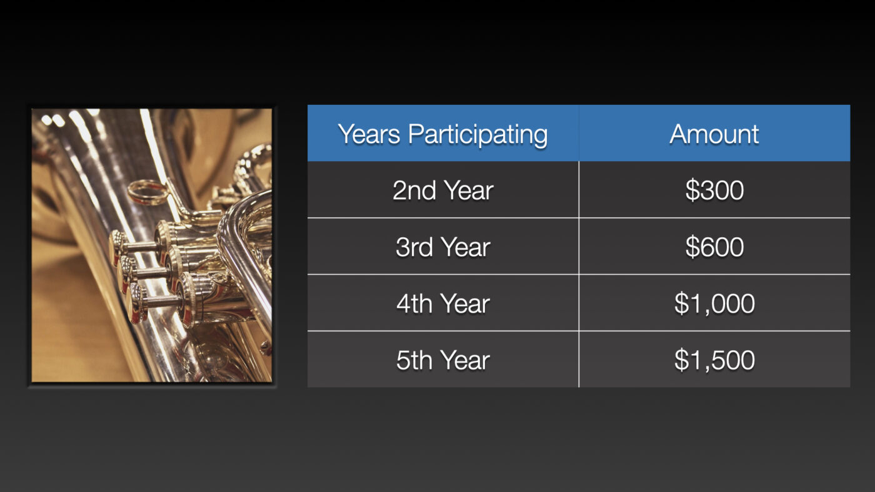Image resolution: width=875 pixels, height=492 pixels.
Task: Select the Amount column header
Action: [x=714, y=134]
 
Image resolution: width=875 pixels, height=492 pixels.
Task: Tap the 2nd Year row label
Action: [x=443, y=190]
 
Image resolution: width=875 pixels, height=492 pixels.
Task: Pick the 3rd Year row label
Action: [x=443, y=247]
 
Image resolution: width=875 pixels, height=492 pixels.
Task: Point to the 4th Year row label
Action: [x=443, y=303]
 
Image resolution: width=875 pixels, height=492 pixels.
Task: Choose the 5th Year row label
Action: [x=443, y=360]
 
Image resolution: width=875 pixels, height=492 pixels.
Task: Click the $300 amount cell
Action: [x=714, y=190]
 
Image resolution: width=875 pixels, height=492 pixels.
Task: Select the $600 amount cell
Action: [x=714, y=247]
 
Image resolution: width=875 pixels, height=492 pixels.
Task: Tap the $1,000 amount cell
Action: [x=714, y=303]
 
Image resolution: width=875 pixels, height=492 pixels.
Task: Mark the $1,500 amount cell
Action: [x=714, y=360]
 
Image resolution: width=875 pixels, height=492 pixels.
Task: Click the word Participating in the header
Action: [x=477, y=135]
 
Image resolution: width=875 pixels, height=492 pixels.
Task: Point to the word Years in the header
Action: [x=369, y=134]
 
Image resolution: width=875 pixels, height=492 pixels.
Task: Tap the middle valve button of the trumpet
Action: [x=126, y=273]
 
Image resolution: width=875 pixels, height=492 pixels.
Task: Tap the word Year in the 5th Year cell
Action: [x=465, y=360]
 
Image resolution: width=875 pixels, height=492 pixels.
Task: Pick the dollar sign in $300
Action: [x=692, y=190]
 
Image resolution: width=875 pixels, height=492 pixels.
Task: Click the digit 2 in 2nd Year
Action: [x=400, y=190]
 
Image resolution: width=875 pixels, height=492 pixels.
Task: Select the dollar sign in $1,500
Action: [x=681, y=360]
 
